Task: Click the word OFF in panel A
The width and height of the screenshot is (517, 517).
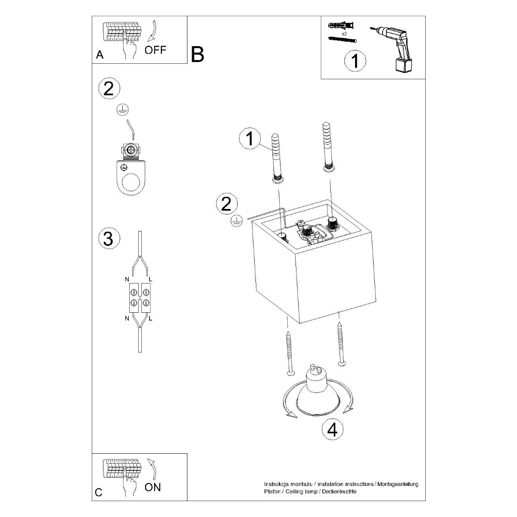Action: [155, 50]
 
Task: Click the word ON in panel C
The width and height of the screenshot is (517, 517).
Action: [153, 487]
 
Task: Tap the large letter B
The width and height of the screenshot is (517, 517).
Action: [197, 54]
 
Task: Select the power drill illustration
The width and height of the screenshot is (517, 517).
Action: [393, 47]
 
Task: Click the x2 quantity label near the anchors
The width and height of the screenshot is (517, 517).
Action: [344, 33]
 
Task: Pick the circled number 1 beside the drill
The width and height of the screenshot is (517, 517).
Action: [355, 61]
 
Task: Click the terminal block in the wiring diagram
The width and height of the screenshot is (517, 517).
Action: [140, 298]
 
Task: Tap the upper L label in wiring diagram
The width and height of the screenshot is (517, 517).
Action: [150, 280]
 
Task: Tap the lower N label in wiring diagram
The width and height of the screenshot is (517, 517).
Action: [127, 318]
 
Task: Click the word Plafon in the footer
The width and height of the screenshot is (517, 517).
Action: [272, 492]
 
